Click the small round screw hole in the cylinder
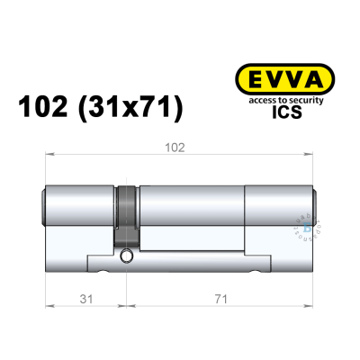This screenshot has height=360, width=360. click(125, 258)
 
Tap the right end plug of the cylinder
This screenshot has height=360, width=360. click(315, 208)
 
